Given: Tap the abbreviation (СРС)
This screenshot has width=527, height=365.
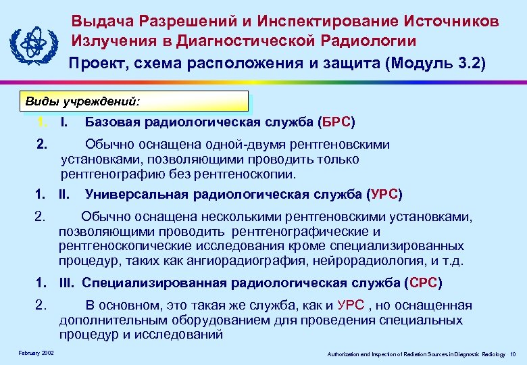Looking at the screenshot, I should coord(423,283).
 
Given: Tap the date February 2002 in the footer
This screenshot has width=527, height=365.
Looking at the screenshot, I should coord(36,354).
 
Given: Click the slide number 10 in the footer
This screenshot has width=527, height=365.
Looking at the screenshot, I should coord(513,354).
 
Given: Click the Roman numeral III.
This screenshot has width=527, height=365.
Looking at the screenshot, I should coord(67,283).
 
